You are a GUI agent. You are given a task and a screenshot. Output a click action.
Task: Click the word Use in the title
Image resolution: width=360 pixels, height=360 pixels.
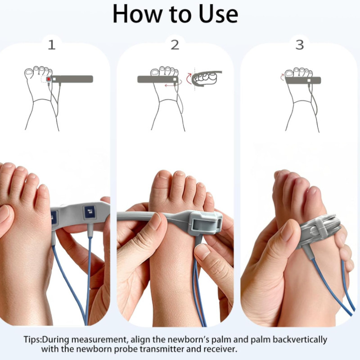click(218, 14)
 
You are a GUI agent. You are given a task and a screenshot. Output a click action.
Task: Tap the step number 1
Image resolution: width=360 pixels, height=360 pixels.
click(52, 45)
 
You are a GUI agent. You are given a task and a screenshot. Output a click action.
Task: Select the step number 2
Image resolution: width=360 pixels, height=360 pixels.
click(175, 45)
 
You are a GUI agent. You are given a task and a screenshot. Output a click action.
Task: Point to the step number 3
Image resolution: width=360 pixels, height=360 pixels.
click(300, 45)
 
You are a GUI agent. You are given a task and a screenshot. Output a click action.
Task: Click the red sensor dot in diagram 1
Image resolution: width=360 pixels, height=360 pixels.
click(49, 79)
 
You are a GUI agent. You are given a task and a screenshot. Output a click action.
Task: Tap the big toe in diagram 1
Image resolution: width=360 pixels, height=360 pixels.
click(29, 73)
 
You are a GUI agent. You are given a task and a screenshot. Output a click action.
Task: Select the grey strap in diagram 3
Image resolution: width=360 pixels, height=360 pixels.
click(303, 80)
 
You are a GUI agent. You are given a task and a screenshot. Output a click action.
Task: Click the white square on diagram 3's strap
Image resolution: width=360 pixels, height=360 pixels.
click(309, 81)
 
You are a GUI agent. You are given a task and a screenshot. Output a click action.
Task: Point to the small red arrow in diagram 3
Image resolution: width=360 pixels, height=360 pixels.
click(282, 77)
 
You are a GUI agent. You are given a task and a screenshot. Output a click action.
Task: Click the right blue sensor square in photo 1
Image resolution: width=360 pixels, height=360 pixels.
click(89, 212)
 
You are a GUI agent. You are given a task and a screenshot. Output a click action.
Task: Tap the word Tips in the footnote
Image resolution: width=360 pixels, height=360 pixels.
click(32, 340)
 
